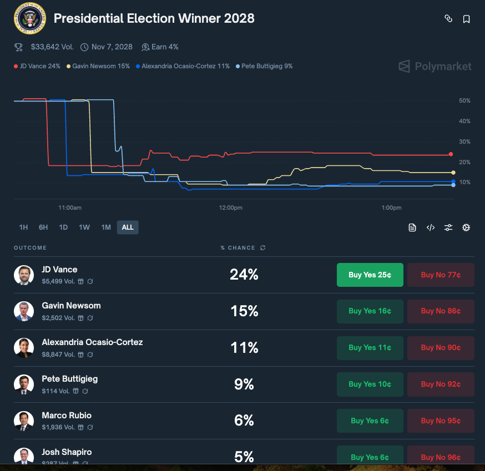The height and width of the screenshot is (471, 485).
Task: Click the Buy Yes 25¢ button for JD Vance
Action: click(370, 275)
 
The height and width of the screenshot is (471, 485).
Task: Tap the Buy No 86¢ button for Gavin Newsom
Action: click(441, 311)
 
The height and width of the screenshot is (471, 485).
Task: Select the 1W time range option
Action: click(84, 227)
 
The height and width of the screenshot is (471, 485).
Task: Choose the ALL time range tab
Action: click(128, 227)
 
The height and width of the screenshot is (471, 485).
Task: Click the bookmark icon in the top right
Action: click(466, 19)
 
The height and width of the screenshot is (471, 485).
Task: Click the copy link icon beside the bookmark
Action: click(448, 19)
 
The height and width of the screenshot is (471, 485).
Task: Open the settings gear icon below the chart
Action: click(466, 227)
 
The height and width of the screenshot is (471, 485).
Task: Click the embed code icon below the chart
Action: click(430, 227)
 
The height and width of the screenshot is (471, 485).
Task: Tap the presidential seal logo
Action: click(29, 18)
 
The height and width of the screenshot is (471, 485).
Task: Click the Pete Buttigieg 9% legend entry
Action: click(264, 66)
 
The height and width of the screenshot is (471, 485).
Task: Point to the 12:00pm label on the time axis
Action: click(230, 208)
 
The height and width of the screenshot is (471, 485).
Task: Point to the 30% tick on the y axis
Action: click(464, 142)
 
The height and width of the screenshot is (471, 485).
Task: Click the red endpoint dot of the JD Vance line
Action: click(451, 154)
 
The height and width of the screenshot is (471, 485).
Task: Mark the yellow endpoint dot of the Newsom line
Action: click(453, 173)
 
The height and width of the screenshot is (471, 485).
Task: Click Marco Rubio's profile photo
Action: click(24, 421)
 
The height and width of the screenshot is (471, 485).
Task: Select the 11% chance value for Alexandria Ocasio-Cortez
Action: click(244, 348)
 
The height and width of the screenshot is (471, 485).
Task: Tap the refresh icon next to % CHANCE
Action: click(263, 248)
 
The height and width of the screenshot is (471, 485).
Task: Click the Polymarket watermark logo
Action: click(435, 67)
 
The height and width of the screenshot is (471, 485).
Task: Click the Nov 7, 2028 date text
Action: click(111, 47)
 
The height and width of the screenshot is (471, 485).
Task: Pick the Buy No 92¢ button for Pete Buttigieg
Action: click(441, 384)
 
